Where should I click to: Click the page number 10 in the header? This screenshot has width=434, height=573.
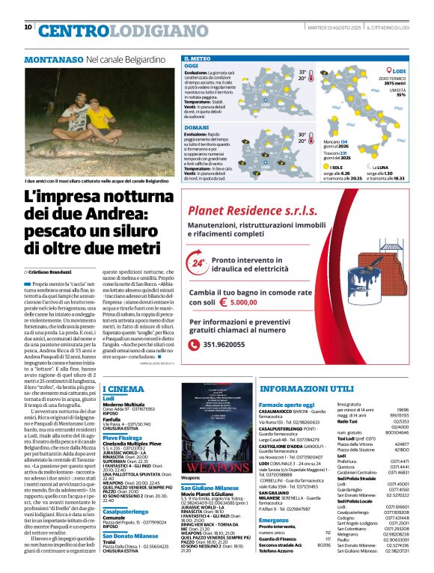click(28, 28)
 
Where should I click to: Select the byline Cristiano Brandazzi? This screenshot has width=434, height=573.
click(52, 272)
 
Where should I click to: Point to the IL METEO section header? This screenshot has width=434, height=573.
click(198, 58)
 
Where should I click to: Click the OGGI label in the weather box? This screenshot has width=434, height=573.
click(192, 66)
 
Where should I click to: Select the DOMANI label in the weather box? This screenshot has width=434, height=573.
click(196, 128)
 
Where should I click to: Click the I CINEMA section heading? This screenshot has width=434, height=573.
click(123, 389)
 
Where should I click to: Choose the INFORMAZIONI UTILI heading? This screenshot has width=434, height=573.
click(307, 389)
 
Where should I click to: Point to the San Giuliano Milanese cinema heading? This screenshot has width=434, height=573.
click(215, 487)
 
